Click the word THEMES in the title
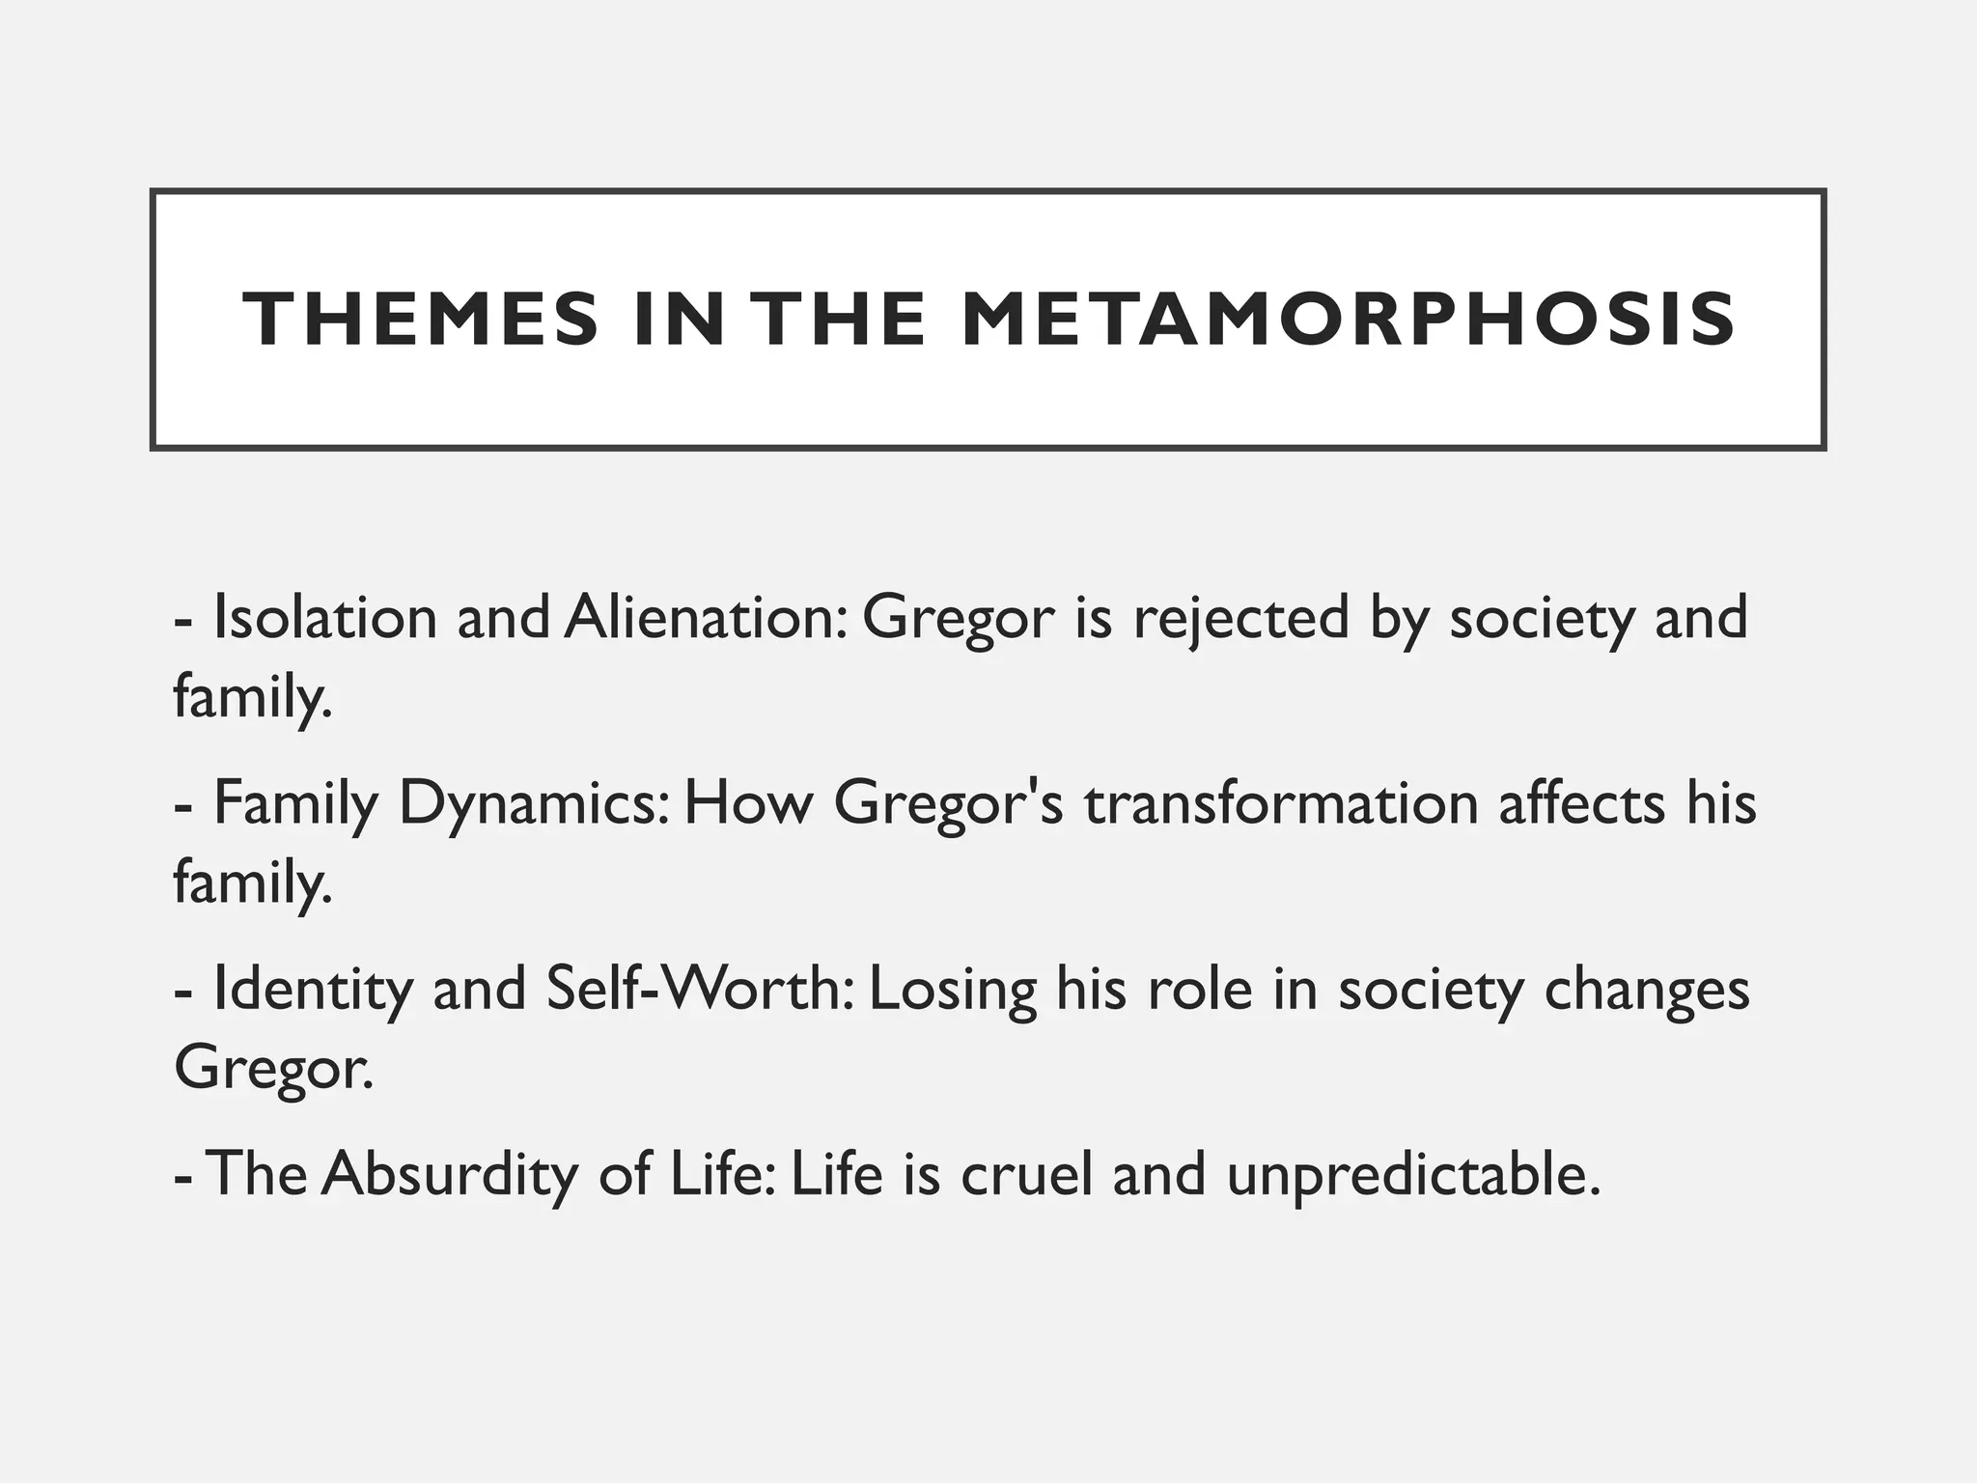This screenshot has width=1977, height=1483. click(421, 320)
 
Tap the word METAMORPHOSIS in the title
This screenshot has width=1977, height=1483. click(1350, 320)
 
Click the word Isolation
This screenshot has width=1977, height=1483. click(325, 618)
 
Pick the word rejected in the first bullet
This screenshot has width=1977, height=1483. click(1240, 618)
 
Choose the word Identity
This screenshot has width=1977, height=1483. click(312, 991)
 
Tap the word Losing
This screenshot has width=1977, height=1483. click(952, 991)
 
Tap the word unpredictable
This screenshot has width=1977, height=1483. click(1412, 1175)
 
